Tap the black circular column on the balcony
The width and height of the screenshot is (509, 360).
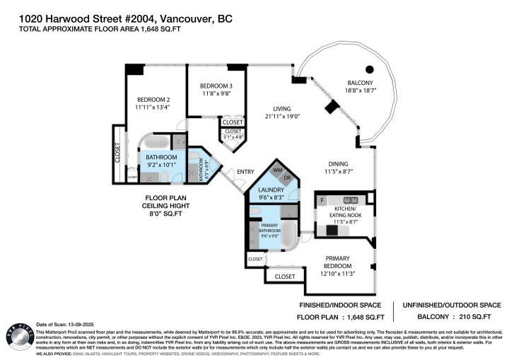tap(368, 69)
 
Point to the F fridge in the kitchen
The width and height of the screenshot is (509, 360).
tap(322, 201)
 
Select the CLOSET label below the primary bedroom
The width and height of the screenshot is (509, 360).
tap(284, 276)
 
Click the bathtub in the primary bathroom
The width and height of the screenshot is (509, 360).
tap(290, 236)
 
